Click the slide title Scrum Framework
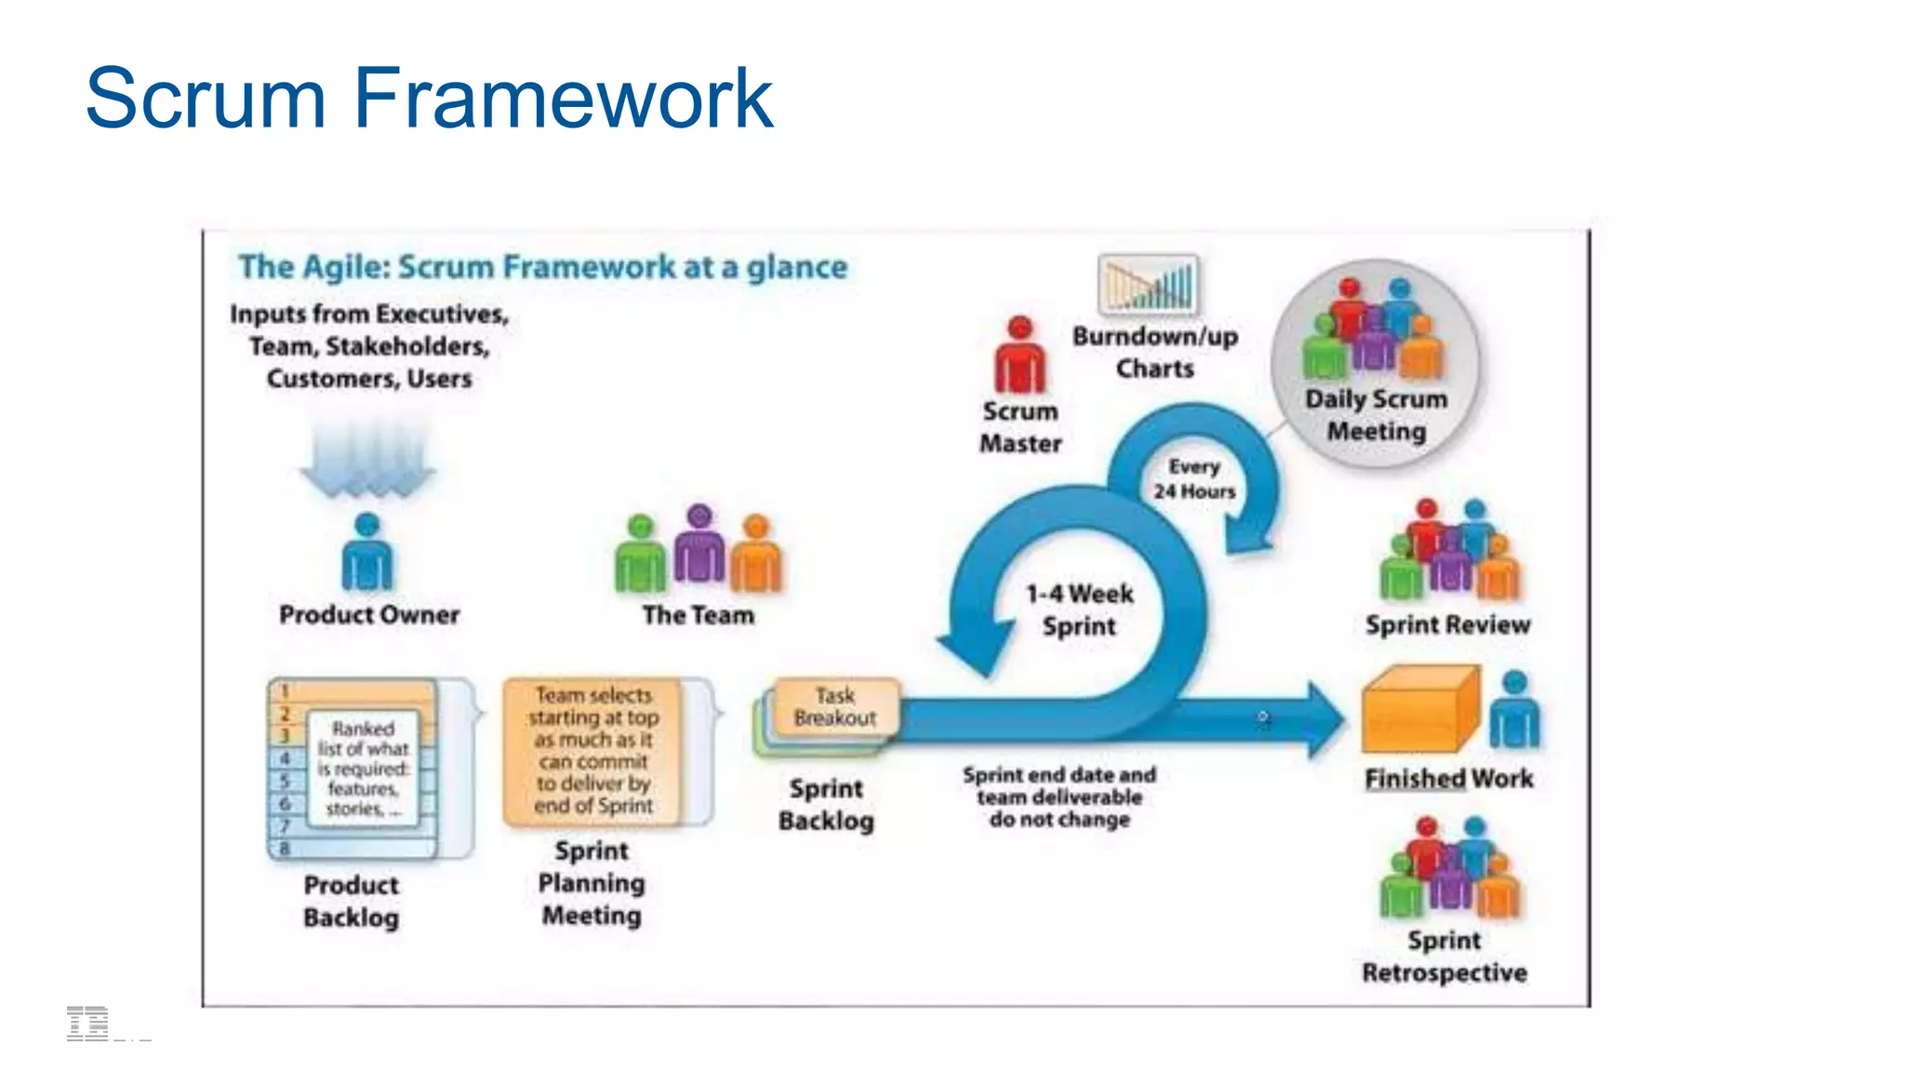click(x=428, y=98)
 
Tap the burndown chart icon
click(x=1149, y=285)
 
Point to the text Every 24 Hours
click(x=1194, y=478)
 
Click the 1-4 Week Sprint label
click(x=1079, y=610)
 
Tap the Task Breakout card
click(x=835, y=707)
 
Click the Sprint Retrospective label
click(x=1445, y=957)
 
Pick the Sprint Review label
click(x=1447, y=624)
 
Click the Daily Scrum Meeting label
click(x=1376, y=415)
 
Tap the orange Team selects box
click(x=593, y=750)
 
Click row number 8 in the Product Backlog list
click(x=286, y=849)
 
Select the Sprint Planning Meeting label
click(x=592, y=882)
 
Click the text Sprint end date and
click(x=1059, y=775)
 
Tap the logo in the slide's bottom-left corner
click(x=88, y=1023)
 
